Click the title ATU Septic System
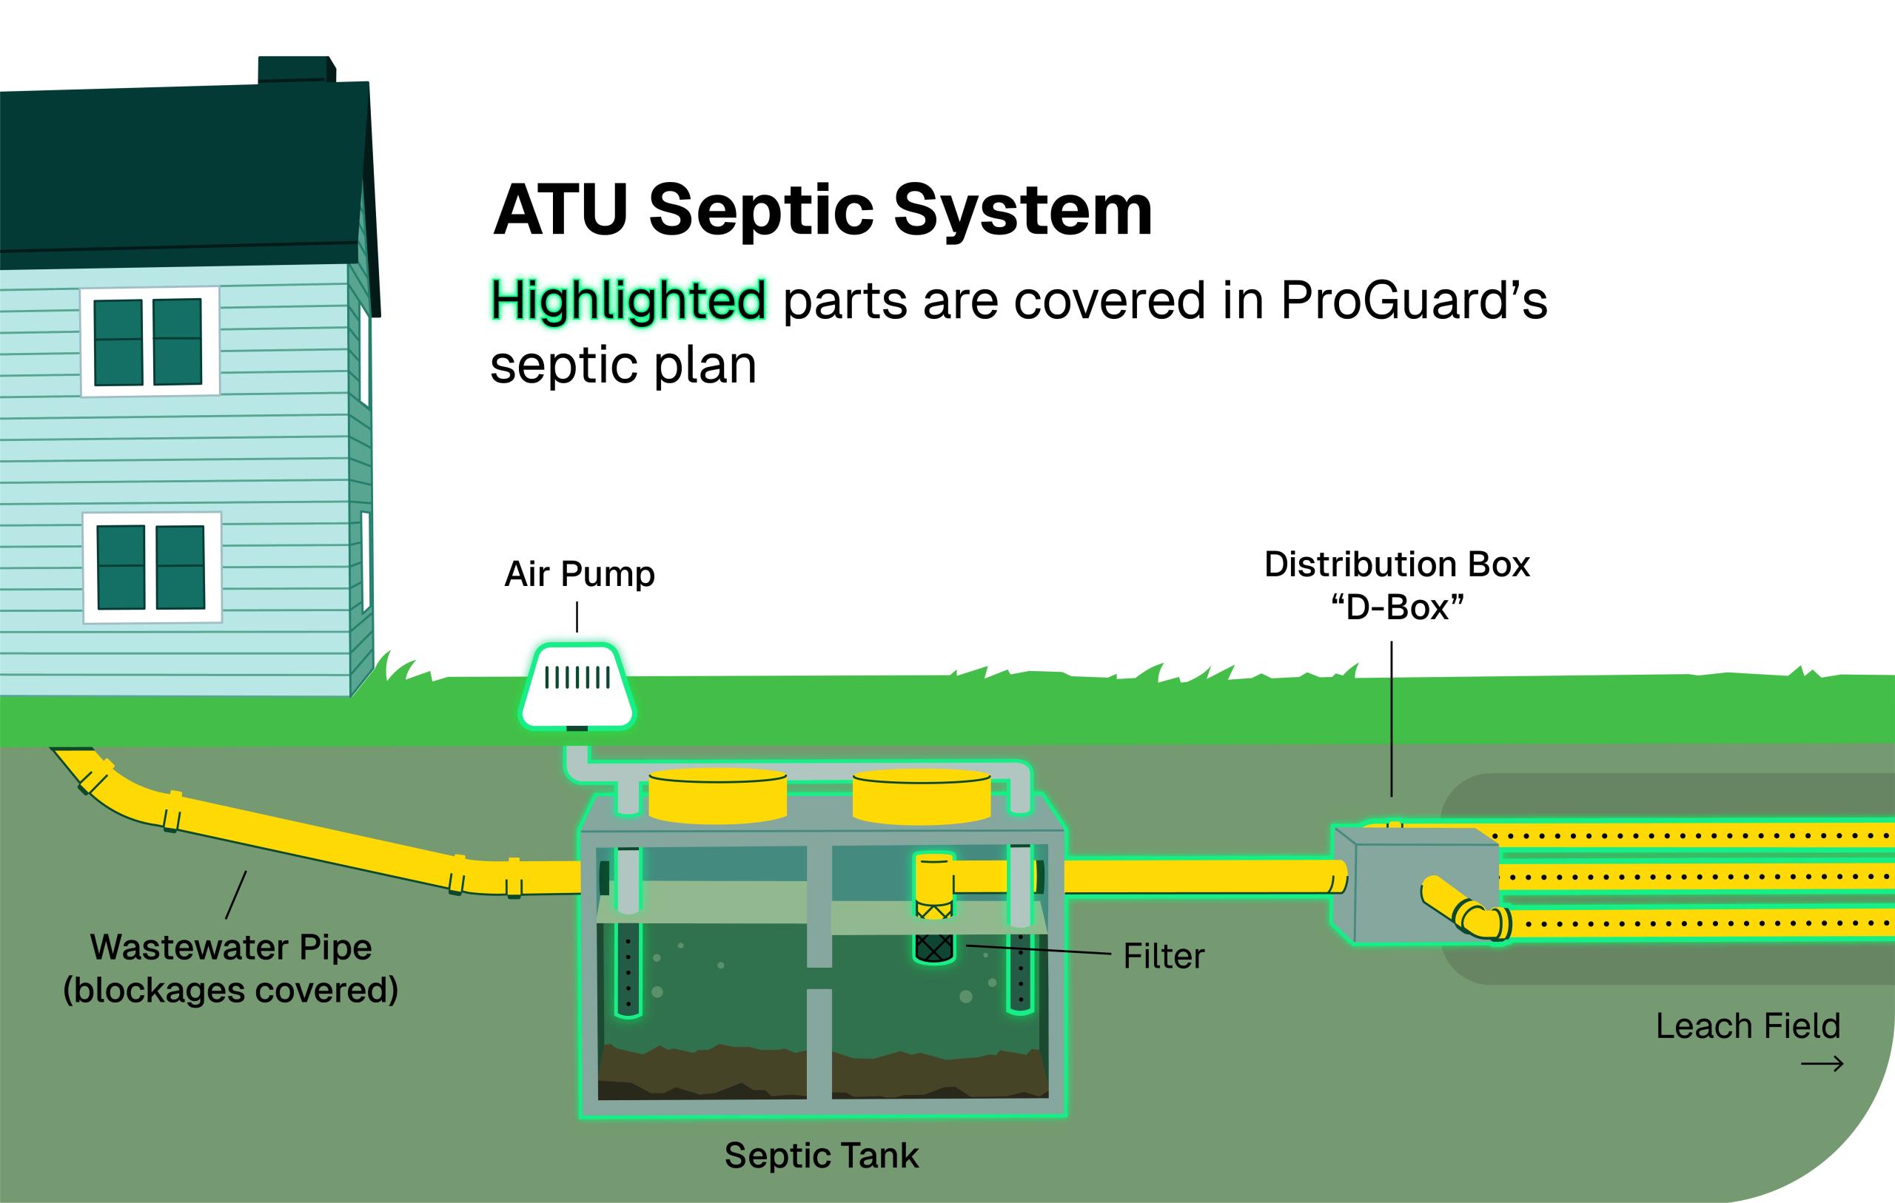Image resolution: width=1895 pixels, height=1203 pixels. click(x=822, y=210)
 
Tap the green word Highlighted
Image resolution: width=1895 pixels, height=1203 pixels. click(x=628, y=301)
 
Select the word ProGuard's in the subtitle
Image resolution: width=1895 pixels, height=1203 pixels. click(x=1413, y=301)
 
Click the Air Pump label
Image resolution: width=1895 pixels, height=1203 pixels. click(x=579, y=574)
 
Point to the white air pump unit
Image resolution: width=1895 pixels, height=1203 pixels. click(x=577, y=686)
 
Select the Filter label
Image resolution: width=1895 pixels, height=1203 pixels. click(x=1163, y=957)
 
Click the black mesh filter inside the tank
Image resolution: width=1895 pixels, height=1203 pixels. click(x=933, y=947)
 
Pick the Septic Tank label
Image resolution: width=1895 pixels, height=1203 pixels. click(x=821, y=1156)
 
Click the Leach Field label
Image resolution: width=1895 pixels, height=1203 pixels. click(x=1748, y=1026)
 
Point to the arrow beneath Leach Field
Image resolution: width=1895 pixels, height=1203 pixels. click(x=1822, y=1065)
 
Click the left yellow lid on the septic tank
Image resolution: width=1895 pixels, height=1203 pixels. click(x=717, y=796)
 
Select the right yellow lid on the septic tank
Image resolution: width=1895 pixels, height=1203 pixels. click(x=922, y=796)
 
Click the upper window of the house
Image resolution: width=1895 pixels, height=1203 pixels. click(x=149, y=342)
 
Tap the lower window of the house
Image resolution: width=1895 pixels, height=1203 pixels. click(x=151, y=567)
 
